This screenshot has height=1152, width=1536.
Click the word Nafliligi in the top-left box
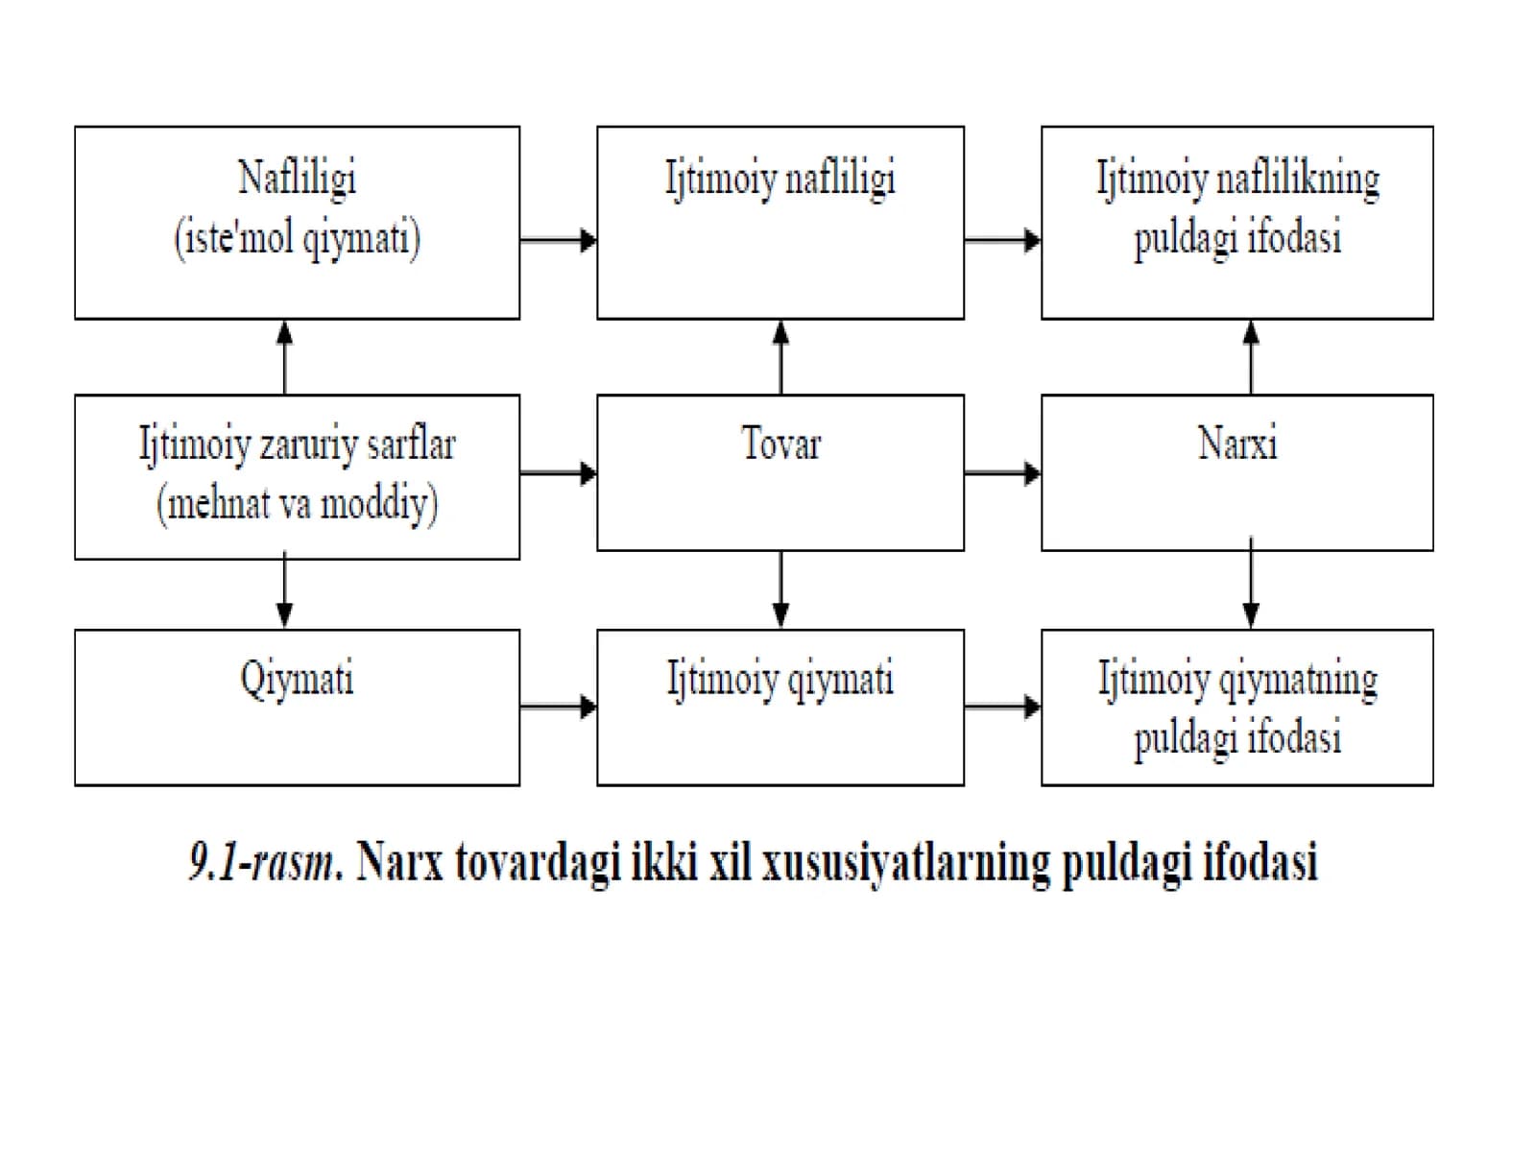coord(298,180)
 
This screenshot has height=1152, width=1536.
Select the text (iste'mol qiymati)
coord(298,238)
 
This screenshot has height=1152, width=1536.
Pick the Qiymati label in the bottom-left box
coord(298,679)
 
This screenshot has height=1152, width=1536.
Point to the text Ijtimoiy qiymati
coord(780,679)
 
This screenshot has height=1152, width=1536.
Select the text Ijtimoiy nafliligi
coord(780,180)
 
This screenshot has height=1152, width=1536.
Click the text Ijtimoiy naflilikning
coord(1237,180)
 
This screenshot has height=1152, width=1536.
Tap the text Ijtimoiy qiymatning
coord(1237,679)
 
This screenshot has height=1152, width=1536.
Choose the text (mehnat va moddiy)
coord(298,504)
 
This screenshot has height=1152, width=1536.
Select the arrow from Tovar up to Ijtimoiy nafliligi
coord(780,357)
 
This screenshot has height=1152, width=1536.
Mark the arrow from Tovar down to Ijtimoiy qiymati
coord(780,589)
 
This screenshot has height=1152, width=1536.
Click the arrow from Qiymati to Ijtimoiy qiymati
coord(559,708)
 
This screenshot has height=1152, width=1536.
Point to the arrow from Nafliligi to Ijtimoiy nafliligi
coord(559,241)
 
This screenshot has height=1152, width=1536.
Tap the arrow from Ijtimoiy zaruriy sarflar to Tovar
coord(559,473)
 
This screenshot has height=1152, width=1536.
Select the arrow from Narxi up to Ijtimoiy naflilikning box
coord(1251,357)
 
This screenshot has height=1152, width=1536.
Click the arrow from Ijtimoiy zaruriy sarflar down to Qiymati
coord(285,589)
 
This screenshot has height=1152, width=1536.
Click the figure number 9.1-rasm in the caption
coord(264,862)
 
